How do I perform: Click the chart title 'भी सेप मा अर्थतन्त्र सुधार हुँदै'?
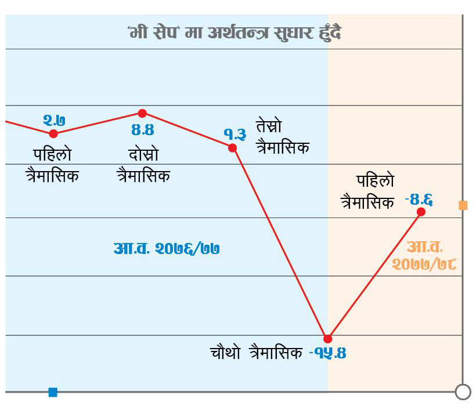235,32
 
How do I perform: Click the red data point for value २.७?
53,133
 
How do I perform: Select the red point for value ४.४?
142,113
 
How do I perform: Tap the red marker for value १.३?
233,148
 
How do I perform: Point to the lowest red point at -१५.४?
328,339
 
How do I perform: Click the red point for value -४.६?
421,212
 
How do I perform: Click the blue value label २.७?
54,120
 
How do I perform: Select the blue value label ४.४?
142,129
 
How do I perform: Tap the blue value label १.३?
235,134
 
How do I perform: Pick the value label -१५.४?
327,353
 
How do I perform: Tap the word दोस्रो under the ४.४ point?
143,155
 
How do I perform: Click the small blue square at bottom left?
53,393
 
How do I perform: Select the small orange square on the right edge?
463,205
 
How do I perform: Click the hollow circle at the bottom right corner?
463,392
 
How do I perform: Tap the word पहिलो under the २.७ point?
52,155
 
